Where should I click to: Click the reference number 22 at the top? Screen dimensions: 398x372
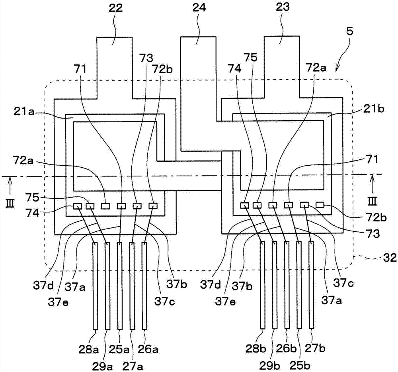click(116, 8)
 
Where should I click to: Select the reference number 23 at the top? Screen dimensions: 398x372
click(283, 7)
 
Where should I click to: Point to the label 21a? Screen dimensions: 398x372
click(25, 112)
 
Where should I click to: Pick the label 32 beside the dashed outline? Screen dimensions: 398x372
click(390, 258)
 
